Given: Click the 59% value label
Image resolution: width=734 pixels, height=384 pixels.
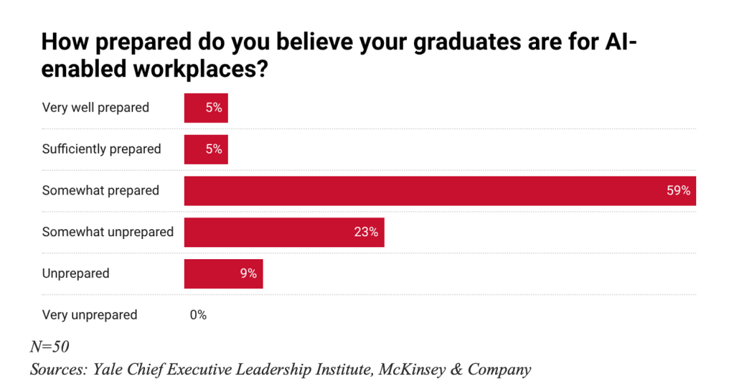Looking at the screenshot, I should (677, 191).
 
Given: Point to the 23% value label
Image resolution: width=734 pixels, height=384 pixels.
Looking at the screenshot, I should (366, 233).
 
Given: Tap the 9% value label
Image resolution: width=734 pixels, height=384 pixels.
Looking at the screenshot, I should (248, 273).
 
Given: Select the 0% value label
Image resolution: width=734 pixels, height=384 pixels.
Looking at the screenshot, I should (198, 315).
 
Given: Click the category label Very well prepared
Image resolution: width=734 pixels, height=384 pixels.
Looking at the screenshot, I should (95, 108).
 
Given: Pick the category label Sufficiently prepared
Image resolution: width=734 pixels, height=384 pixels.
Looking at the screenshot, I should (101, 149).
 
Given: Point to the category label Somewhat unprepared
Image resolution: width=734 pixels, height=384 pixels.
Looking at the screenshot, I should (108, 233).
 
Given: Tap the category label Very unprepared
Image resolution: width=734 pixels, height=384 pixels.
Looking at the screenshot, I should (90, 315).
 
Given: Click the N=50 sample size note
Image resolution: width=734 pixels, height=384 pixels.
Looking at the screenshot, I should (50, 347).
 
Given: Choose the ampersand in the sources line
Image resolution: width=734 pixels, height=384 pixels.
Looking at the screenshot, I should (454, 370).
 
